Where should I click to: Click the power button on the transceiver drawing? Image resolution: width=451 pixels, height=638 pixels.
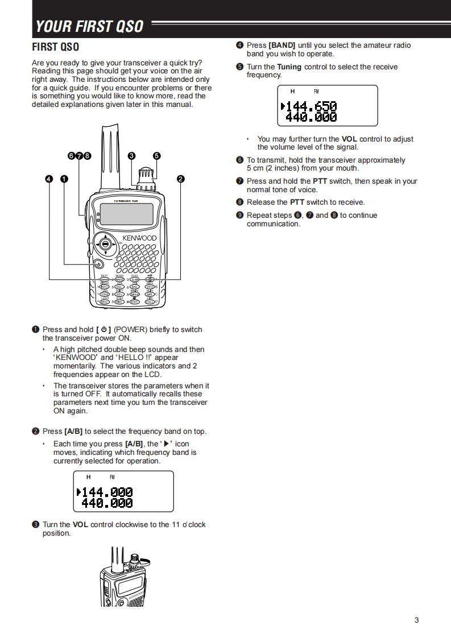point(99,264)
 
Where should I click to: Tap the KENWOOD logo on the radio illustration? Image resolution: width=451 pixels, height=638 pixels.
point(139,238)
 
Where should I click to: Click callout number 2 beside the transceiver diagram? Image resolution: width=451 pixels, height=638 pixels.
point(181,179)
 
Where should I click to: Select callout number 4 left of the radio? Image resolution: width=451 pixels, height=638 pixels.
point(49,179)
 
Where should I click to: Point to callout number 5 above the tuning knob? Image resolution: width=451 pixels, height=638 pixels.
point(156,156)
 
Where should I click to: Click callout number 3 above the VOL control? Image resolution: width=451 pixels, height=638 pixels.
point(131,156)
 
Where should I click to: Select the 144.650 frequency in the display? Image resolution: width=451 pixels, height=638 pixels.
point(311,106)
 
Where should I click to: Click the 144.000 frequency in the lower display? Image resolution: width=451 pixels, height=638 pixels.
point(107,492)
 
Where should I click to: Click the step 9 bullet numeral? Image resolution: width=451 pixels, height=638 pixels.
point(239,216)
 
